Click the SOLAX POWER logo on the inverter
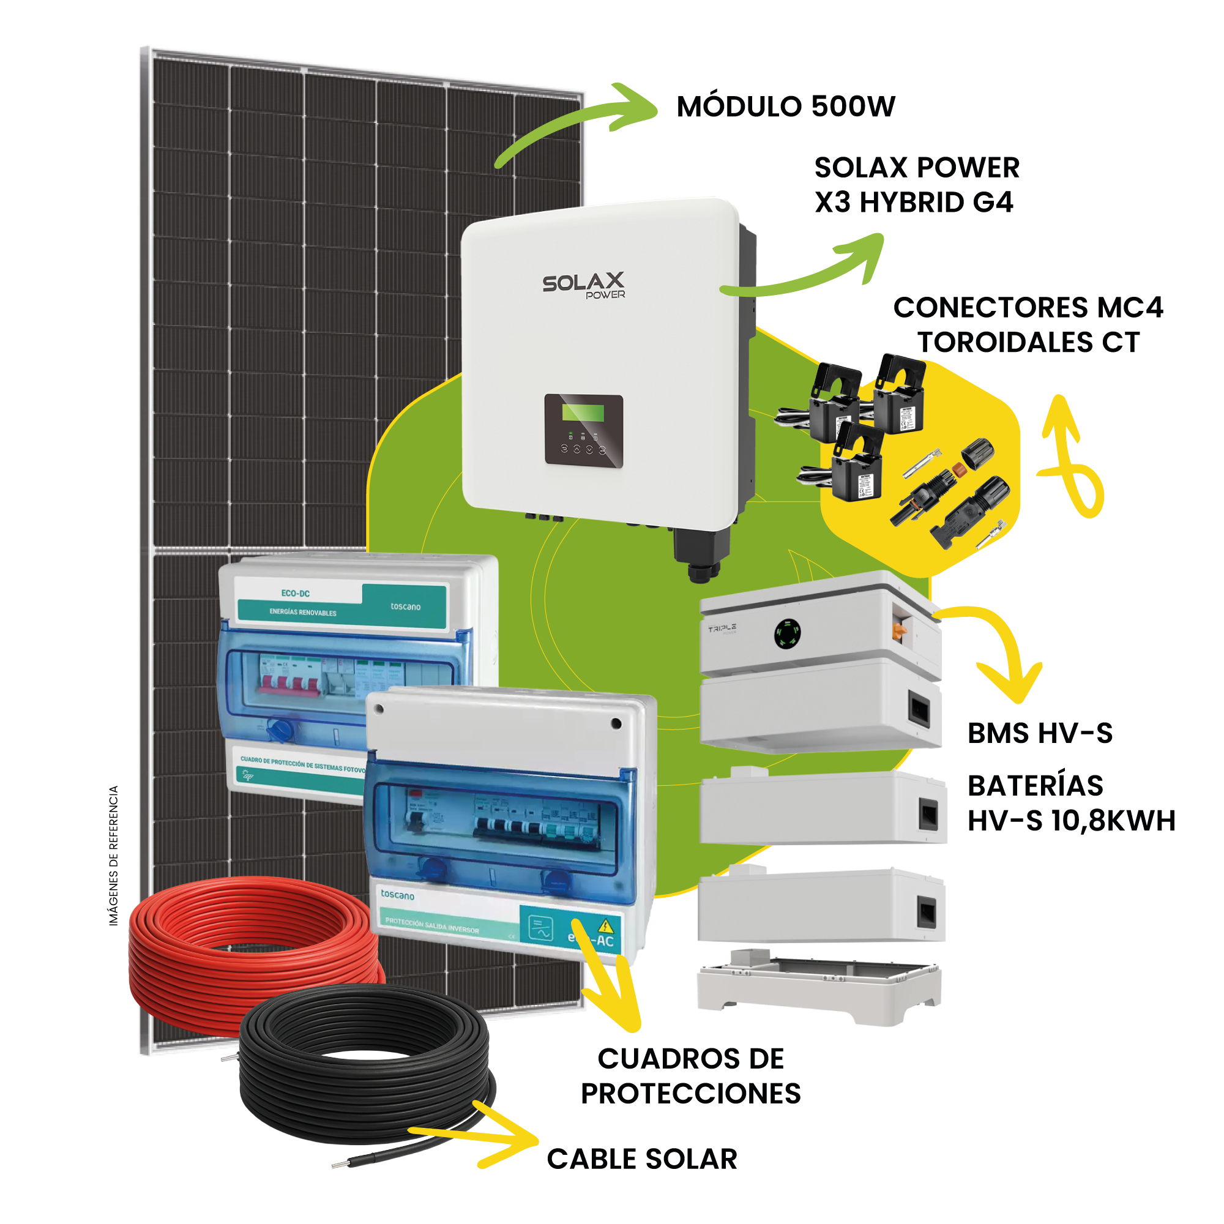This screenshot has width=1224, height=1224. click(583, 285)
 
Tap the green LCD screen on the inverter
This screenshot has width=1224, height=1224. click(583, 412)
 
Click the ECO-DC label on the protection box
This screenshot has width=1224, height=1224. click(295, 594)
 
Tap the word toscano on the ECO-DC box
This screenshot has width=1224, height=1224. click(406, 606)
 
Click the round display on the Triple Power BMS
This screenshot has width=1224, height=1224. click(788, 633)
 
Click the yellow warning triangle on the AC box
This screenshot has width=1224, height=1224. click(606, 924)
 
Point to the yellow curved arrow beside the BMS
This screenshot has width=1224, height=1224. click(1001, 652)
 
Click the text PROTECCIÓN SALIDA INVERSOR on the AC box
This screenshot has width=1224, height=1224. click(431, 925)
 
